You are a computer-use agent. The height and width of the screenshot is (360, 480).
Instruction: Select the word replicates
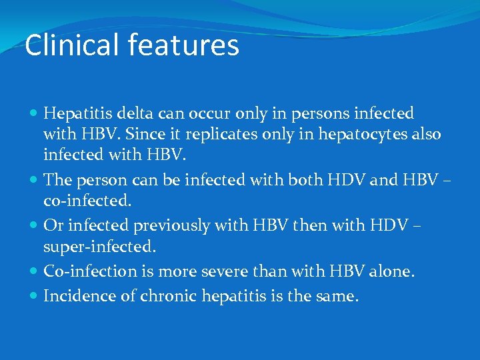[x=220, y=135]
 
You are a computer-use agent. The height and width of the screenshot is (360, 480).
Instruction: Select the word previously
[x=169, y=226]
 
